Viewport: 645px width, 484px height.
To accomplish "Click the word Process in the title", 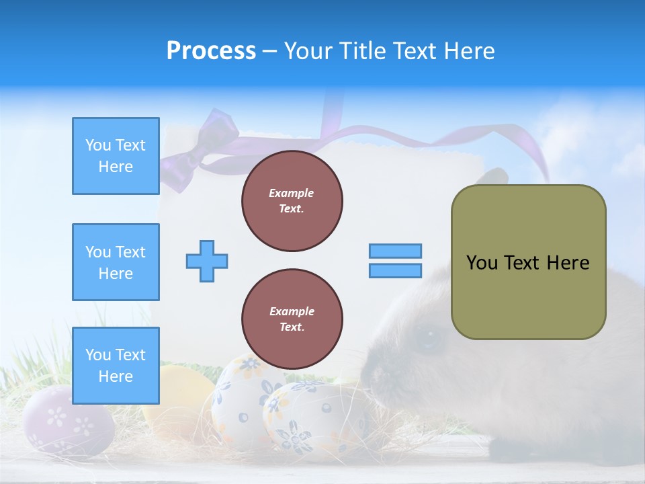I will (211, 51).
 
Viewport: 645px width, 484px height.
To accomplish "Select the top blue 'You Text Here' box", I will (116, 156).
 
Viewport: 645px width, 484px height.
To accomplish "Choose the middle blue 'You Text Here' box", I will (116, 262).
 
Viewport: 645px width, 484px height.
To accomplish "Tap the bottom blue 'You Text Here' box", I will (116, 366).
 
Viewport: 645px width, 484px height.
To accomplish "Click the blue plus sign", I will (207, 261).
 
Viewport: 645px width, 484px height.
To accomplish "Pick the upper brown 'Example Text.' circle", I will (292, 201).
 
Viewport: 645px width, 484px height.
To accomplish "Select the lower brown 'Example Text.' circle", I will (292, 319).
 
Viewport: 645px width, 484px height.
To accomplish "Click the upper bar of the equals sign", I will (395, 251).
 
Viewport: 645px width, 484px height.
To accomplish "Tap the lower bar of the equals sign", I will (395, 270).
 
